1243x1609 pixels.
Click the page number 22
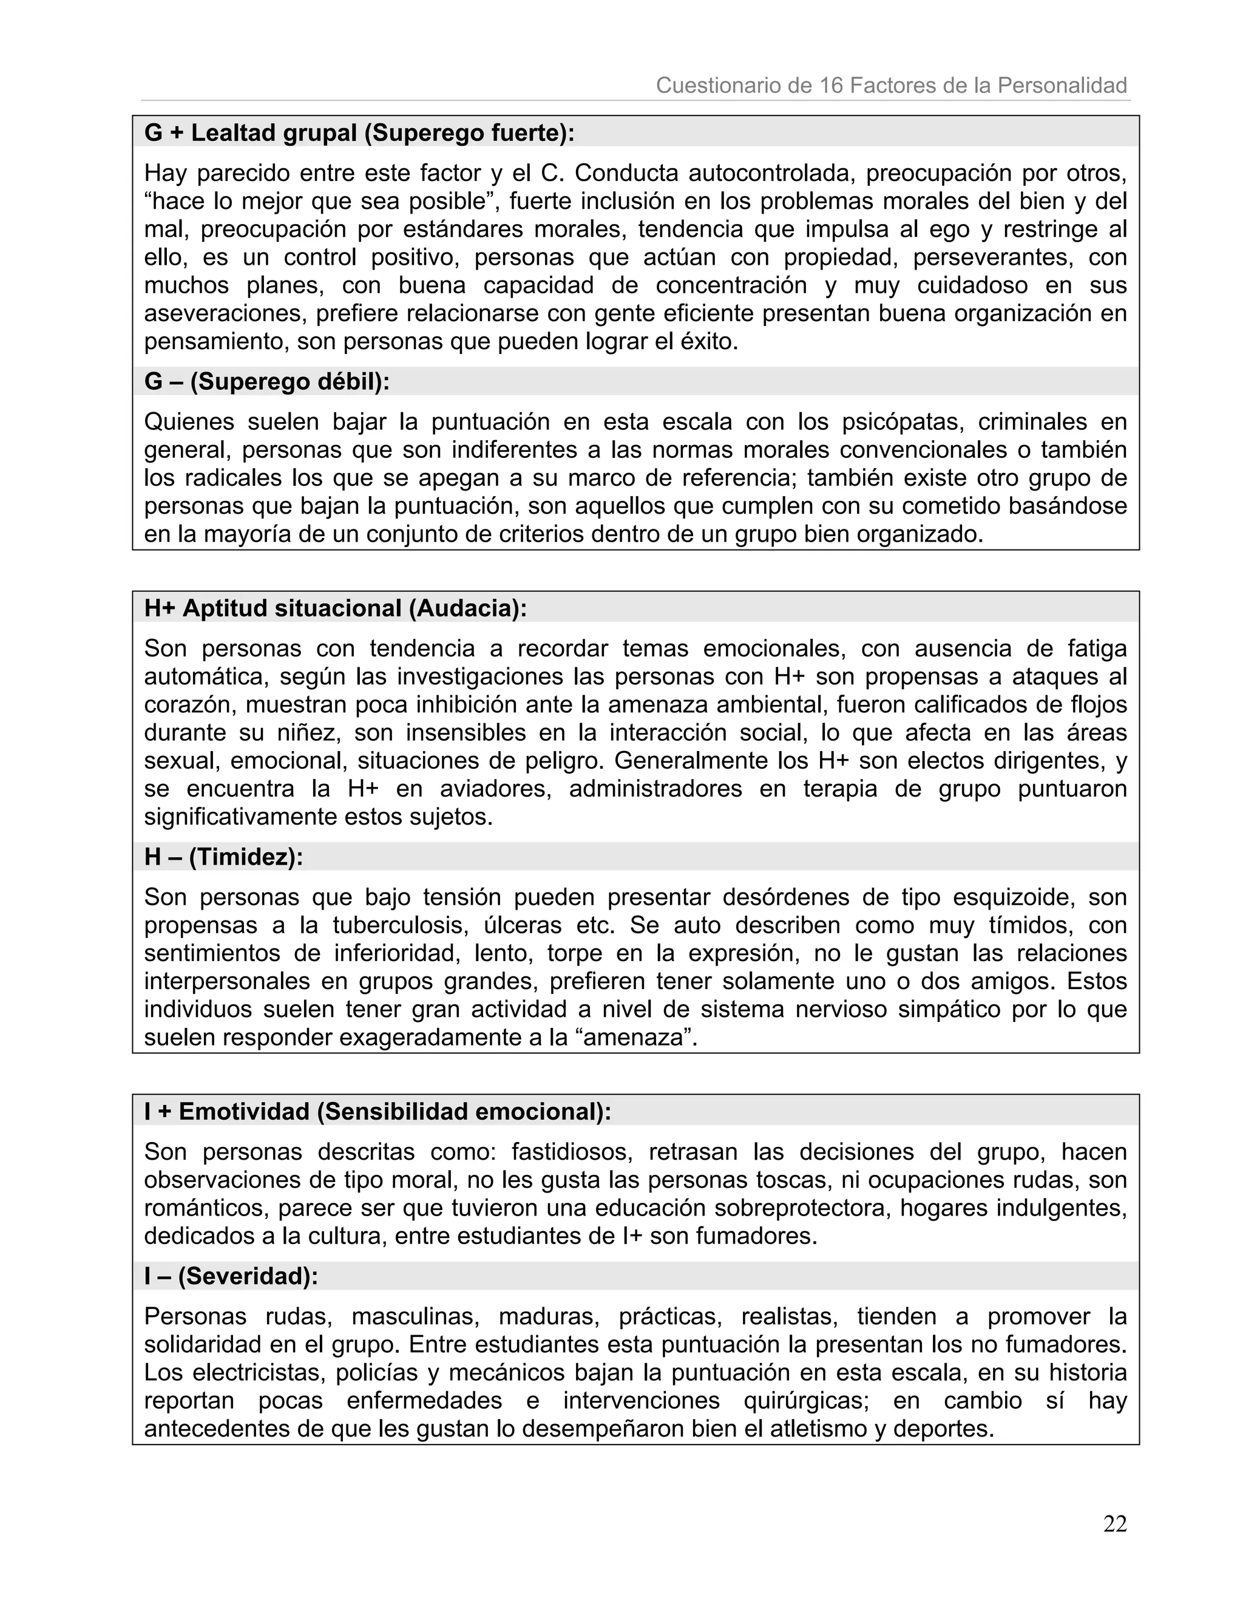(1115, 1523)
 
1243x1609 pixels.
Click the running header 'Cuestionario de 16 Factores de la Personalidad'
(891, 86)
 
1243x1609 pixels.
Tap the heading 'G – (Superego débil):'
(267, 382)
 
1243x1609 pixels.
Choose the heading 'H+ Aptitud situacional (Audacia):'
(336, 608)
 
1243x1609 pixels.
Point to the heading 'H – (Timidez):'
(224, 857)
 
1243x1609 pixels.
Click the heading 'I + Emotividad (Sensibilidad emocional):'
(378, 1111)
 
